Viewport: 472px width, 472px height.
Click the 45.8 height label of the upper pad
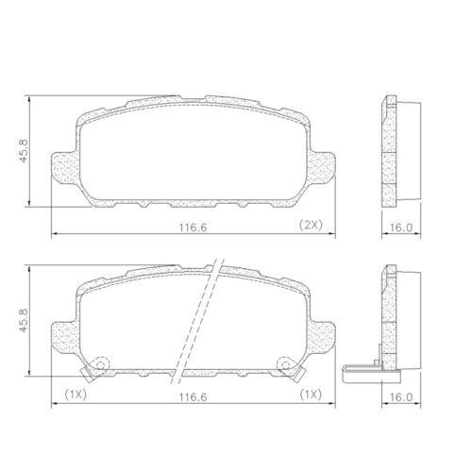coord(24,151)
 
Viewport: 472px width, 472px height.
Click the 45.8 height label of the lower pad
coord(24,320)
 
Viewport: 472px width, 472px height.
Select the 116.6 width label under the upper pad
coord(194,228)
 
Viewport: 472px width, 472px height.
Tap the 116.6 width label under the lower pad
coord(194,397)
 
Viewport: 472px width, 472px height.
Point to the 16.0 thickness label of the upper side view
coord(401,228)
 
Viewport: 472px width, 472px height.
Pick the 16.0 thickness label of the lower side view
coord(401,397)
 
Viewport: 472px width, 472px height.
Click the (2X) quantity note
coord(311,225)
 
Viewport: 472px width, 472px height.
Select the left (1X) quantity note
coord(76,395)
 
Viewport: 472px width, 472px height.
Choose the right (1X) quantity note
coord(311,395)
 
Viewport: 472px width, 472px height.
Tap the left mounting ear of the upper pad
coord(64,167)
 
